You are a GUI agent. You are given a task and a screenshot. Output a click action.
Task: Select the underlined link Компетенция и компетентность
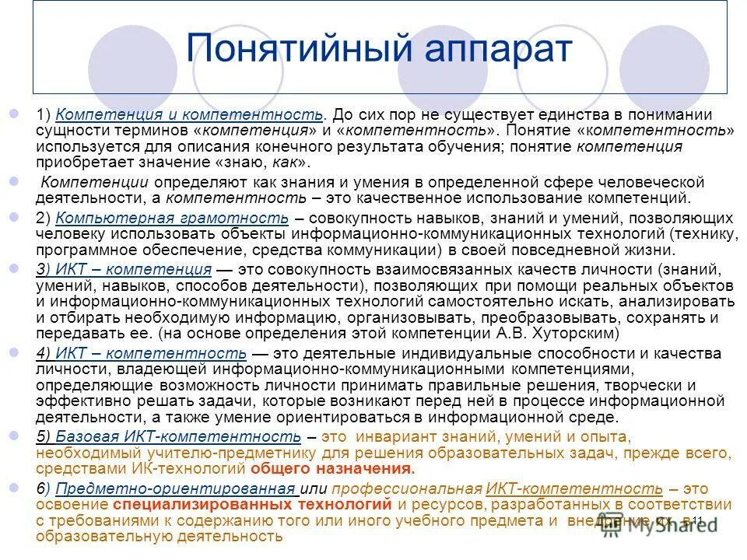click(189, 114)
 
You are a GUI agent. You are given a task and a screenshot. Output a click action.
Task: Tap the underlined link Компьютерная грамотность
click(173, 219)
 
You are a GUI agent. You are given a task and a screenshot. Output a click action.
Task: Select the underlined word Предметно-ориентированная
click(177, 488)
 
